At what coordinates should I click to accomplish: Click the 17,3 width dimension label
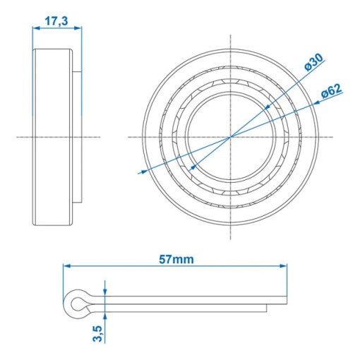click(56, 21)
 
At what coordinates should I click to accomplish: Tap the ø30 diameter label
click(313, 62)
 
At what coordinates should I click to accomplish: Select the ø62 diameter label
click(332, 91)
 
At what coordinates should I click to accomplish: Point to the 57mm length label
click(176, 260)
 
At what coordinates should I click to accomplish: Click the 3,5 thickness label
click(97, 333)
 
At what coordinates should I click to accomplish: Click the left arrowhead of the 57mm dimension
click(67, 266)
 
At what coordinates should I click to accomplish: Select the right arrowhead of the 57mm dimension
click(283, 266)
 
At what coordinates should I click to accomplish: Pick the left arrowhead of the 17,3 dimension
click(36, 28)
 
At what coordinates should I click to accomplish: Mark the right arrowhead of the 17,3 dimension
click(78, 28)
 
